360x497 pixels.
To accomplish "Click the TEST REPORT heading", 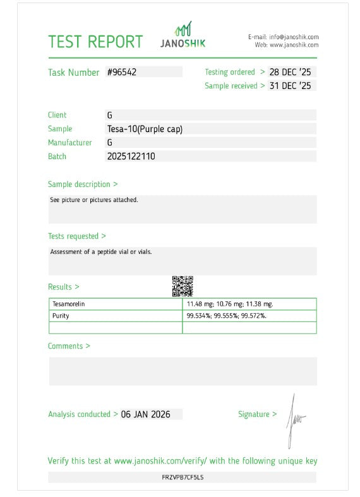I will (x=95, y=42).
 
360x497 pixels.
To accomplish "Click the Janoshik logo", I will (x=183, y=36).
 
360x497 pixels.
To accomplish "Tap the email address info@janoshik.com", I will (x=294, y=37).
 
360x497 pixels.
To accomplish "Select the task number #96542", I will (x=121, y=72).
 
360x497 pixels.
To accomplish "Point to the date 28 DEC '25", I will (x=290, y=72).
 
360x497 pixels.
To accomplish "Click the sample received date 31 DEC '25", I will (x=290, y=86).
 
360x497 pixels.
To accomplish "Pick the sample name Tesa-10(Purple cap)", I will (x=145, y=129).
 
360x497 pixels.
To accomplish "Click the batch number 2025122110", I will (x=131, y=156).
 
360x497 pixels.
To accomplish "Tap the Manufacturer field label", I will (x=69, y=143).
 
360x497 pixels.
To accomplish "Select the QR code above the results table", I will (x=182, y=286).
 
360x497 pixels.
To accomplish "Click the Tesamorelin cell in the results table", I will (x=68, y=304).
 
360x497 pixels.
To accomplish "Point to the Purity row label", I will (x=61, y=316).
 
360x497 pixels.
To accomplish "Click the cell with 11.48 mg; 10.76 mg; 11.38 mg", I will (x=230, y=304).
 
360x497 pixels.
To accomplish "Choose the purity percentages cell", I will (x=226, y=316).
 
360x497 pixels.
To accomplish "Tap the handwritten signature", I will (x=294, y=419).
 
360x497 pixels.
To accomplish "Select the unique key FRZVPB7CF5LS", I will (x=183, y=477).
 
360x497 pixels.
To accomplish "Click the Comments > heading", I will (x=69, y=346).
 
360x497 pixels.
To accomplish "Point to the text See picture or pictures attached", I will (x=93, y=200).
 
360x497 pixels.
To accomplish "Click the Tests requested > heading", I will (x=76, y=236).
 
